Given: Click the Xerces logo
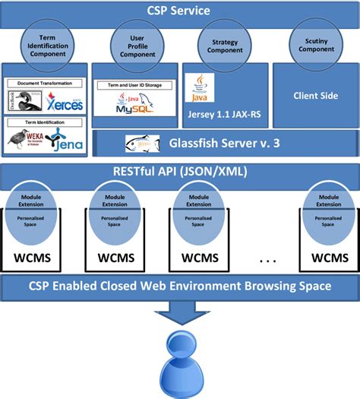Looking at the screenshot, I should click(64, 103).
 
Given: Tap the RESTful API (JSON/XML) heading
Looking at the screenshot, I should click(179, 172).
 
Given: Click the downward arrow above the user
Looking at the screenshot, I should click(180, 312).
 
